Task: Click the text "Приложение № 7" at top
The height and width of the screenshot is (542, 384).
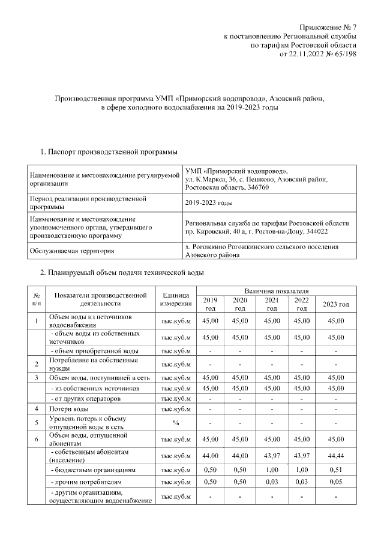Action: point(328,28)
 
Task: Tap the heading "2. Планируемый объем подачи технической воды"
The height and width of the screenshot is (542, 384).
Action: point(121,273)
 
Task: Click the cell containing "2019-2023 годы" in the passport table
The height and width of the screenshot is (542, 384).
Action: point(209,203)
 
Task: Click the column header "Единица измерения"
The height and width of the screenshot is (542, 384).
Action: point(176,299)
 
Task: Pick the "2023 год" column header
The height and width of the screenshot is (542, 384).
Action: point(335,304)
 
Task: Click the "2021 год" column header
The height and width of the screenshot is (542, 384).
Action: point(272,304)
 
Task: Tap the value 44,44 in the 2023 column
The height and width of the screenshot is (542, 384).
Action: point(335,457)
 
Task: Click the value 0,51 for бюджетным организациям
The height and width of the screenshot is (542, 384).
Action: point(335,470)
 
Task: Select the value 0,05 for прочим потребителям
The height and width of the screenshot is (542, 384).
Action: point(335,482)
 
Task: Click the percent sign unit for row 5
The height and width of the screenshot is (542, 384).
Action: point(176,423)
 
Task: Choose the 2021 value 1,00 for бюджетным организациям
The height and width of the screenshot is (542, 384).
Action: point(272,470)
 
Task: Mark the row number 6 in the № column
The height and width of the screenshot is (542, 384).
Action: point(37,440)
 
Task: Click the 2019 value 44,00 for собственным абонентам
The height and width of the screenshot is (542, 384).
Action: point(210,457)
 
